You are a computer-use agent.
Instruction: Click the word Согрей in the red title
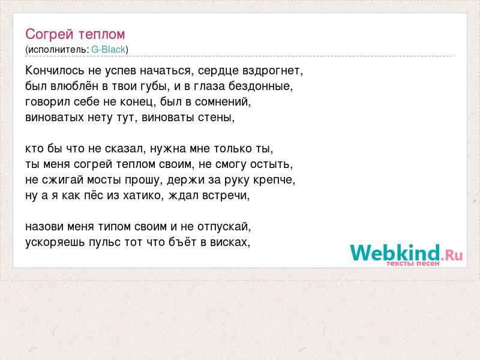(x=50, y=34)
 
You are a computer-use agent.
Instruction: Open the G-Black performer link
(x=109, y=50)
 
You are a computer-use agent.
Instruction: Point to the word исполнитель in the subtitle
(x=57, y=50)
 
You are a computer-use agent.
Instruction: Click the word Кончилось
(x=55, y=70)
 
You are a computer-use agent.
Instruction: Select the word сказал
(x=124, y=149)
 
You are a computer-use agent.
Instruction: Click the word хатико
(x=142, y=196)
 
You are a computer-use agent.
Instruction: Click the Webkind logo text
(x=406, y=253)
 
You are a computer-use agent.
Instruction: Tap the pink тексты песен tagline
(x=413, y=263)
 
